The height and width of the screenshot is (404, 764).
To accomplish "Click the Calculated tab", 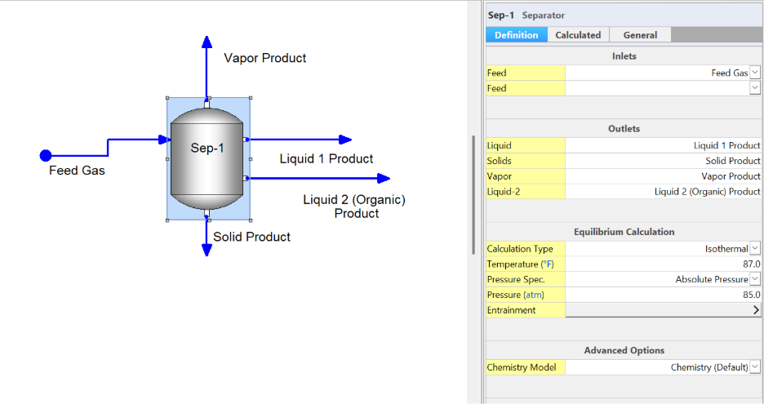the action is tap(578, 35).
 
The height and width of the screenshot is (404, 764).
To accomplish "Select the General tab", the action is tap(640, 35).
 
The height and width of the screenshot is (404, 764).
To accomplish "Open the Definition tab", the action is tap(517, 35).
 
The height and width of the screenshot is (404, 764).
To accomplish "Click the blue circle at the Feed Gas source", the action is tap(46, 155).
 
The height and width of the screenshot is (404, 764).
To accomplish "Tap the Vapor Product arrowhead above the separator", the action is tap(207, 42).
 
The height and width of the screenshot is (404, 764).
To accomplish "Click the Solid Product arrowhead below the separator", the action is tap(207, 250).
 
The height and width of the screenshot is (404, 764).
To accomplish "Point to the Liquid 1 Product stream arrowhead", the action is tap(345, 140).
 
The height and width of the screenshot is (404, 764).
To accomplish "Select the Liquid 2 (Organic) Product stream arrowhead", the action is tap(384, 179).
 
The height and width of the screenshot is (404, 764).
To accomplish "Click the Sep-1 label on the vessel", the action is tap(207, 148).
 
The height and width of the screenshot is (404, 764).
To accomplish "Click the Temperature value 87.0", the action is tap(751, 264).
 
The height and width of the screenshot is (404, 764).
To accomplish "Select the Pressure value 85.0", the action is tap(751, 295).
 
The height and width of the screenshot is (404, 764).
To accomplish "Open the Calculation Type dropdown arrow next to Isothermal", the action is tap(755, 249).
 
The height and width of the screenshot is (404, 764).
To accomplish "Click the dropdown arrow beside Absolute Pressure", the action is tap(755, 279).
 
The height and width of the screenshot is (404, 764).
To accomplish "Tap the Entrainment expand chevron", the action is tap(756, 310).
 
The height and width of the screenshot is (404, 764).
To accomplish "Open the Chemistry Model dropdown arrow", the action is tap(755, 366).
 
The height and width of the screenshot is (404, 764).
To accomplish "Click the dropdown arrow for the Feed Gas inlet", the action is tap(755, 73).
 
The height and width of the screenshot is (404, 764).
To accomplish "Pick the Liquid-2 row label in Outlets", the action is tap(504, 192).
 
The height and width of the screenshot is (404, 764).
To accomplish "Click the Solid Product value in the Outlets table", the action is tap(733, 161).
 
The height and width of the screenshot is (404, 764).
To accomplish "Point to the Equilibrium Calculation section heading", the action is tap(624, 232).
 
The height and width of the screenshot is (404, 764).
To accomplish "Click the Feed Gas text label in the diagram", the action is tap(77, 171).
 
